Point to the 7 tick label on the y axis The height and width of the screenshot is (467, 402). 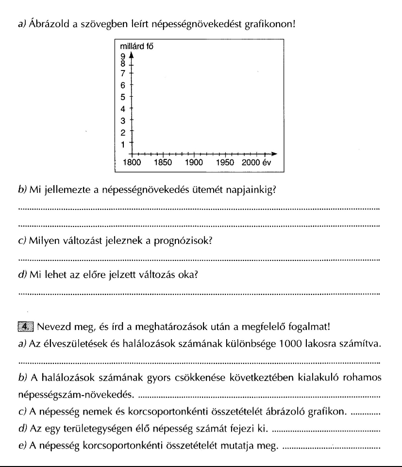[x=123, y=73]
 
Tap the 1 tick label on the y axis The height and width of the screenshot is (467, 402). [x=123, y=144]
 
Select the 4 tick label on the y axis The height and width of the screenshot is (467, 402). [x=123, y=108]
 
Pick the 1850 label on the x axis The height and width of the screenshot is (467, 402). [x=163, y=163]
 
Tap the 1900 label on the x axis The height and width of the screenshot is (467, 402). [x=194, y=163]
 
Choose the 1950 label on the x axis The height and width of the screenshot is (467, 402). [x=226, y=163]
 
